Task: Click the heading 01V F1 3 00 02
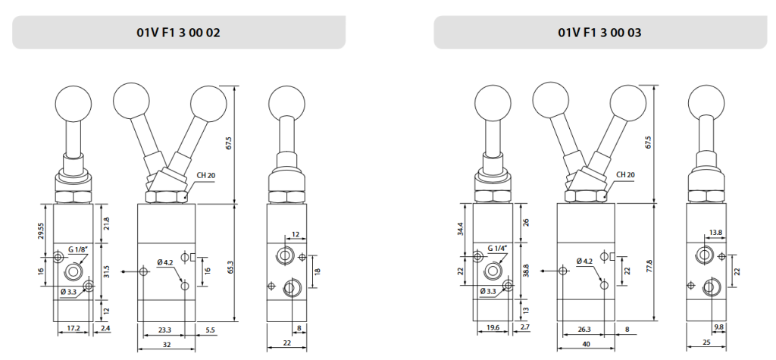(x=179, y=33)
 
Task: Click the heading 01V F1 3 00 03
(x=600, y=33)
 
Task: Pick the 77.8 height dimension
(x=649, y=266)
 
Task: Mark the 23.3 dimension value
(x=164, y=330)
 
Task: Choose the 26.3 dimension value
(x=584, y=330)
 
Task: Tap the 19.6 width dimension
(x=493, y=328)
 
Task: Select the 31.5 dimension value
(x=106, y=272)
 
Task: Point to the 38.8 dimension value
(x=526, y=270)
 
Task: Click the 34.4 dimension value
(x=461, y=230)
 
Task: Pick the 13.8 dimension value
(x=715, y=232)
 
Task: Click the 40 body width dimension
(x=586, y=344)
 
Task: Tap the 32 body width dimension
(x=166, y=344)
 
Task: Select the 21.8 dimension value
(x=106, y=224)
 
